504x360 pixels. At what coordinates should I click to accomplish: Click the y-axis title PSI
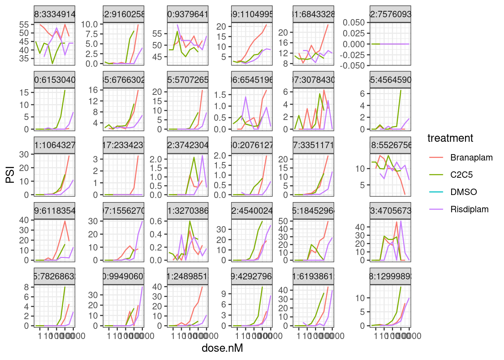tap(10, 175)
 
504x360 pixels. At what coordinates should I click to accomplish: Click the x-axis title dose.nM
tap(222, 348)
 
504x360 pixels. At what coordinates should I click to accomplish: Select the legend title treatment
tap(450, 138)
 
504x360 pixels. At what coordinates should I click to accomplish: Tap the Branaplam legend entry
tap(471, 157)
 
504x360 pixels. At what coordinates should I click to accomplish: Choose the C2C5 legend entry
tap(461, 175)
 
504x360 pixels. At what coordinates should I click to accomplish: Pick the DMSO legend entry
tap(463, 192)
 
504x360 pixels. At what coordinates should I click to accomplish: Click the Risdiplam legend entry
tap(469, 209)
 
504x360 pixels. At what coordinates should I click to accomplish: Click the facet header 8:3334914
tap(55, 14)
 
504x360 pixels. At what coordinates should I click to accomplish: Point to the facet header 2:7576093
tap(390, 14)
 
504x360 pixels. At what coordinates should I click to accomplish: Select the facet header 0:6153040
tap(55, 80)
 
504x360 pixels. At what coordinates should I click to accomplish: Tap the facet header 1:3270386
tap(187, 211)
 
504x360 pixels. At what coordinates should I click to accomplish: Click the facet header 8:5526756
tap(390, 145)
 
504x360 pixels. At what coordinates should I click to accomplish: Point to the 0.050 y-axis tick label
tap(354, 22)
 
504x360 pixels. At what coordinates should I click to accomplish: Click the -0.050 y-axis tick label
tap(352, 66)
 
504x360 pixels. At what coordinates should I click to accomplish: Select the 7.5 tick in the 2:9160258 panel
tap(90, 34)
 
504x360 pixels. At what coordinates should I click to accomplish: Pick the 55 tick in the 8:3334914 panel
tap(24, 25)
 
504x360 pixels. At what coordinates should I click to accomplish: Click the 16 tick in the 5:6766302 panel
tap(93, 90)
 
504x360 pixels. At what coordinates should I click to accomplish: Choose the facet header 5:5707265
tap(187, 80)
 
